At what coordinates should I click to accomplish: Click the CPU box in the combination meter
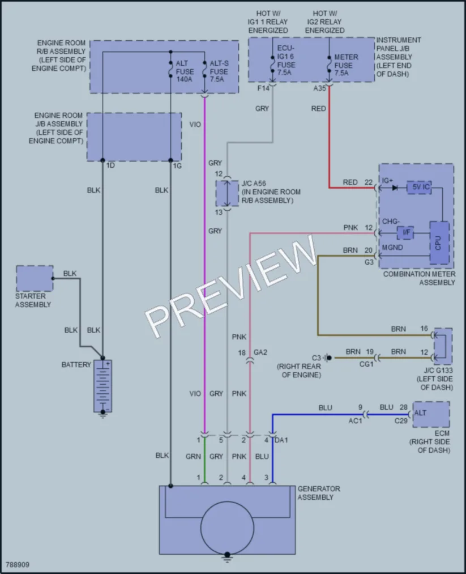coord(439,243)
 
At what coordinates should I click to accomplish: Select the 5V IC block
coord(419,187)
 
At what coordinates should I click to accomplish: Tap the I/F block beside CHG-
coord(405,232)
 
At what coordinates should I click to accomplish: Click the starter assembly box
coord(35,279)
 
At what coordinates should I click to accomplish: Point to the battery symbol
coord(103,386)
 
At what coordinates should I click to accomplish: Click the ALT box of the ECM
coord(431,414)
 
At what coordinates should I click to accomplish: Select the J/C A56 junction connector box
coord(227,193)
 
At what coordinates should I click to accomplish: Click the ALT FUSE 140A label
coord(185,71)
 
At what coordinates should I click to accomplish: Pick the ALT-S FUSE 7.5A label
coord(219,71)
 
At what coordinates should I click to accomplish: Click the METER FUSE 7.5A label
coord(345,65)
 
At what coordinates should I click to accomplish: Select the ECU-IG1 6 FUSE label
coord(286,60)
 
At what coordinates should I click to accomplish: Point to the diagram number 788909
coord(17,565)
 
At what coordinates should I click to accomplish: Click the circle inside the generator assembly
coord(227,528)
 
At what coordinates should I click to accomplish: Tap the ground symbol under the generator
coord(227,558)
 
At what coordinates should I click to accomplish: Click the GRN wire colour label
coord(193,457)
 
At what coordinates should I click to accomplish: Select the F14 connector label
coord(263,88)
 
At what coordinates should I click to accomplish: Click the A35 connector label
coord(319,88)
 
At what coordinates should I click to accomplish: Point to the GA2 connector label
coord(260,352)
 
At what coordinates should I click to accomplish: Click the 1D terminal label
coord(110,165)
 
